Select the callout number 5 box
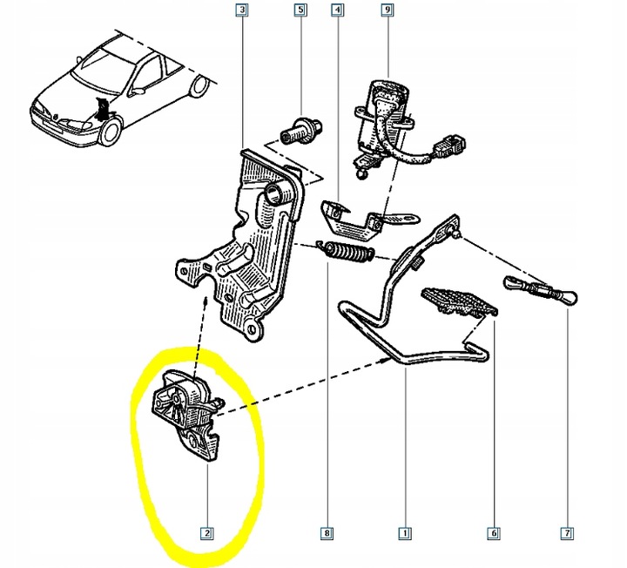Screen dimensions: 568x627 click(x=300, y=11)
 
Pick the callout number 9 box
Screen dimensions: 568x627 click(x=387, y=11)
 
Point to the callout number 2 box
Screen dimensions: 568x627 click(x=208, y=532)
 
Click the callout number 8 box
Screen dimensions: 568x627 click(x=327, y=532)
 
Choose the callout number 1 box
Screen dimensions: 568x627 click(x=404, y=532)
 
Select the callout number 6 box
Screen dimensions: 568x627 click(x=494, y=532)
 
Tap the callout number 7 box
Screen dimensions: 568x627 click(x=567, y=532)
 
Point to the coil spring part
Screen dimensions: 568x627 click(x=348, y=254)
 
